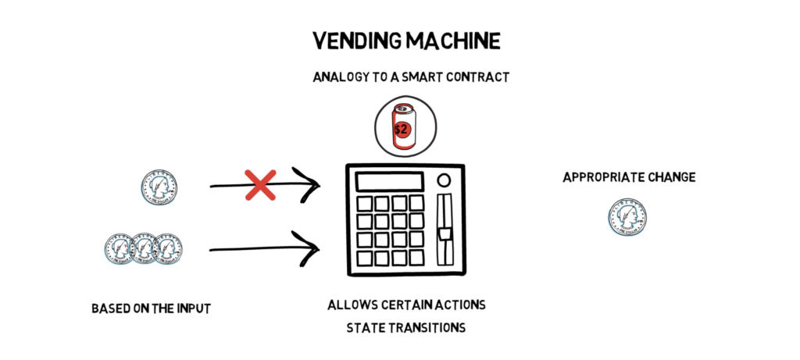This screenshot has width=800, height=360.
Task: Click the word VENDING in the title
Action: coord(351,41)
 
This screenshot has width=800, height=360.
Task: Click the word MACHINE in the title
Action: coord(447,41)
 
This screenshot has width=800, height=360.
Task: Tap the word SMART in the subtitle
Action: coord(417,77)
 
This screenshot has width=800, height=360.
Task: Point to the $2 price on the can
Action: coord(401,129)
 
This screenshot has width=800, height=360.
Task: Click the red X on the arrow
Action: coord(260,184)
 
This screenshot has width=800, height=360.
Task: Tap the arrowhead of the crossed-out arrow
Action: coord(309,185)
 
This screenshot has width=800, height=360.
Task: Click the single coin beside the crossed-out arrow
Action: coord(159,187)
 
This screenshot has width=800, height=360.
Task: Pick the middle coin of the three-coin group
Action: coord(144,248)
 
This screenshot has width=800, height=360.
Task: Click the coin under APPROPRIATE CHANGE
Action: coord(627,217)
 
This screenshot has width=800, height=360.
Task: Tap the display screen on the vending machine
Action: coord(390,182)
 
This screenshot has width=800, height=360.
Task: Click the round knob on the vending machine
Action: coord(444,180)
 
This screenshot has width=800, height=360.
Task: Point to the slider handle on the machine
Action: coord(445,234)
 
